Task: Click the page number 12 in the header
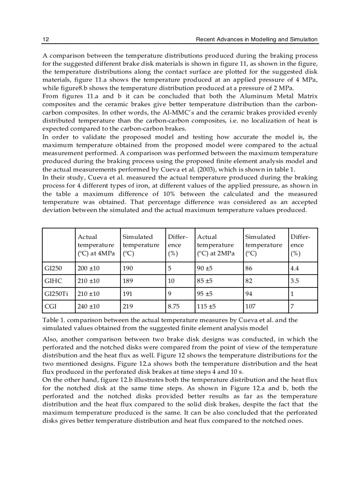point(45,39)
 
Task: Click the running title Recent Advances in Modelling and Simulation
point(256,39)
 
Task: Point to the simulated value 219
point(128,306)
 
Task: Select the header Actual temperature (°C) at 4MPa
point(96,245)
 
